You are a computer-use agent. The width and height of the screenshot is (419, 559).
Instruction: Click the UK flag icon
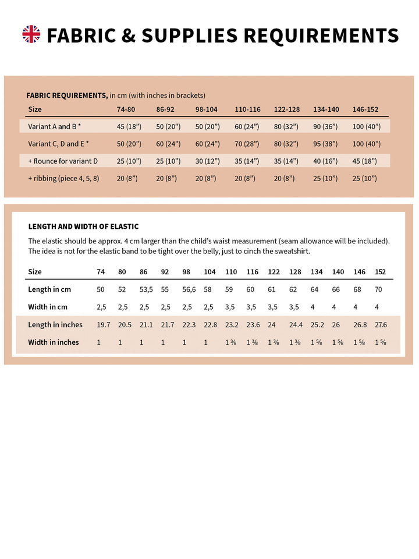click(x=31, y=34)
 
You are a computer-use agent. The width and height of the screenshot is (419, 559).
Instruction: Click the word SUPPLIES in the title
click(x=190, y=36)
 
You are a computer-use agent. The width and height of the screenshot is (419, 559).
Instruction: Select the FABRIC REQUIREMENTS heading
click(x=67, y=95)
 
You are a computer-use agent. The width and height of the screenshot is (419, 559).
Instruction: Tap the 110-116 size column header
click(x=247, y=109)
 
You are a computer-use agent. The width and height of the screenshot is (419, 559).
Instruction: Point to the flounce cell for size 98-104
click(x=208, y=161)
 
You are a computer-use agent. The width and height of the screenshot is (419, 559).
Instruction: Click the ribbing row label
click(x=63, y=178)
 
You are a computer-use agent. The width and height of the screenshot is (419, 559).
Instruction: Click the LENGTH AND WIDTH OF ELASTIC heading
click(x=83, y=227)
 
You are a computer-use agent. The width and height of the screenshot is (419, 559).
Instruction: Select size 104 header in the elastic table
click(x=210, y=272)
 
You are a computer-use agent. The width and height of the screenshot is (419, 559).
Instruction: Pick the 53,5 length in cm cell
click(x=146, y=289)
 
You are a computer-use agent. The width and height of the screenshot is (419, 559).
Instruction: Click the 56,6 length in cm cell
click(x=189, y=289)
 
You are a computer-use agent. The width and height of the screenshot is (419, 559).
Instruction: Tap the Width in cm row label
click(x=48, y=307)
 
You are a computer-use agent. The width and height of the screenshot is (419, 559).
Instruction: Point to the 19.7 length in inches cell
click(x=104, y=324)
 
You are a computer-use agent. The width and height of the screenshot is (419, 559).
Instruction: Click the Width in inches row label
click(x=54, y=342)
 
